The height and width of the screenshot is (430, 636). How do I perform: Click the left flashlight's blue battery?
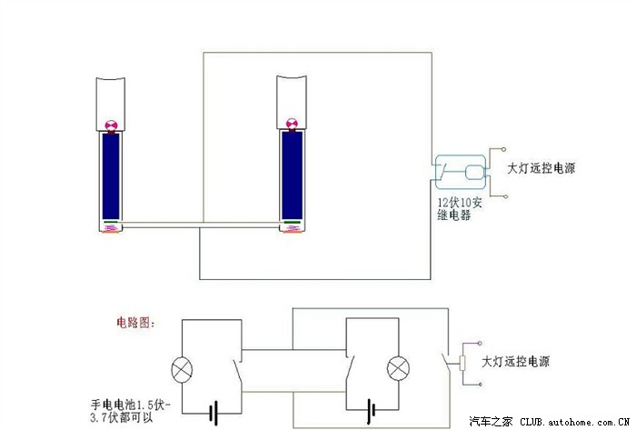click(x=111, y=176)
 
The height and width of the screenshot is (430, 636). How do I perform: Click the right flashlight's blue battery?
click(x=292, y=175)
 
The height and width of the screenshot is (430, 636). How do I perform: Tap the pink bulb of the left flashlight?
click(x=111, y=125)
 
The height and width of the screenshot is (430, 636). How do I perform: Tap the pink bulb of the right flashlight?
click(x=292, y=124)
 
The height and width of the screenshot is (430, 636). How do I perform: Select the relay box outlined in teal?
click(x=461, y=172)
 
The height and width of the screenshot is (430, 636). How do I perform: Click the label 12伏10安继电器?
click(x=460, y=208)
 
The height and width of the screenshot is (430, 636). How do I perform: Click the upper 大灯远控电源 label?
click(x=542, y=168)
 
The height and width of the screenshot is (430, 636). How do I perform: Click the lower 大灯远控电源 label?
click(x=515, y=362)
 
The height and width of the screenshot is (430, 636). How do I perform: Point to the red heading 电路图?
click(x=136, y=323)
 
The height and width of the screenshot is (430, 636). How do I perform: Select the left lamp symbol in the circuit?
click(x=182, y=370)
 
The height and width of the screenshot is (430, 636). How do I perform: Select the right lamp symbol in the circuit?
click(x=398, y=369)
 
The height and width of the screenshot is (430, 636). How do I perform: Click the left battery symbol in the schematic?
click(x=214, y=414)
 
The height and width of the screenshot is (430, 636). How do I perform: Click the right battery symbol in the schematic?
click(x=371, y=410)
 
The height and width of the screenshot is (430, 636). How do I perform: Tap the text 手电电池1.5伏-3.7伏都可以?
click(x=131, y=411)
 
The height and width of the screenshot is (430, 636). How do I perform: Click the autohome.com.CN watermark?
click(x=550, y=422)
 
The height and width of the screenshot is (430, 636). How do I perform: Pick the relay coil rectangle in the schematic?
click(x=462, y=363)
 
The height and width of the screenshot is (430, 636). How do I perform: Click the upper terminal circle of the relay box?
click(x=503, y=149)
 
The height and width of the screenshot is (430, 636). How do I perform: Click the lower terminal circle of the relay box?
click(x=505, y=196)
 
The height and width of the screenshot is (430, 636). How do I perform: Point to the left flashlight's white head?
click(x=110, y=105)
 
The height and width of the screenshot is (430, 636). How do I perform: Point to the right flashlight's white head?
click(x=292, y=102)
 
